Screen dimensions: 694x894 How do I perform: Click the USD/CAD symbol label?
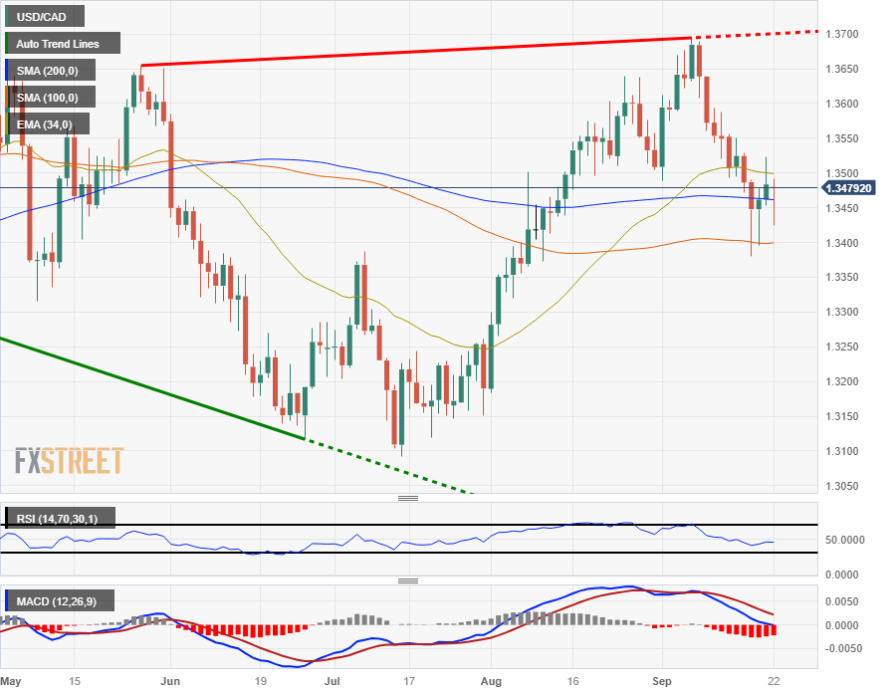tap(44, 16)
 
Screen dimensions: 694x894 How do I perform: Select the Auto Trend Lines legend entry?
tap(63, 44)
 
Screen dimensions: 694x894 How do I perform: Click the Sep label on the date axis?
tap(662, 681)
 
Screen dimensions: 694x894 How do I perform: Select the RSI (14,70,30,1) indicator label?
tap(61, 518)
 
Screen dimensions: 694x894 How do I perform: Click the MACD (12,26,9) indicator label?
tap(61, 600)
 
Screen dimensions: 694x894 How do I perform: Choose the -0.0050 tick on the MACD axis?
tap(847, 647)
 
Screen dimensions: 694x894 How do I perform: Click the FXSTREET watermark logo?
tap(69, 461)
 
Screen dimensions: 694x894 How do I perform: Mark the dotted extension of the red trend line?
tap(757, 34)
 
